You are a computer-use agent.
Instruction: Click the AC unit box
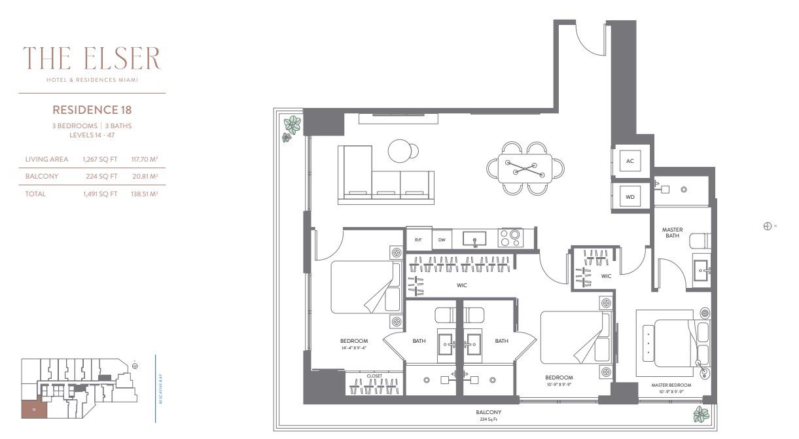(630, 161)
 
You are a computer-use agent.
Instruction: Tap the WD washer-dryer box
(630, 196)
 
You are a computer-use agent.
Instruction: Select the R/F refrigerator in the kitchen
(417, 239)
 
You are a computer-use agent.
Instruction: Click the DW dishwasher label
(442, 239)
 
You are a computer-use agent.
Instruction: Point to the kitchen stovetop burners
(511, 237)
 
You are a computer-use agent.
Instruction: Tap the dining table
(526, 169)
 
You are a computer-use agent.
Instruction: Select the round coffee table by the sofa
(401, 150)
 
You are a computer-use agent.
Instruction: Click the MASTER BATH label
(672, 232)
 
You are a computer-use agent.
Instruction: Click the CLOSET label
(374, 376)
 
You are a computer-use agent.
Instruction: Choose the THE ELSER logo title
(92, 60)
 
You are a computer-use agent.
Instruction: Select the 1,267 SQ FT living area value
(100, 159)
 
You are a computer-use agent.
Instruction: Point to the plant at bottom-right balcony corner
(701, 414)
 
